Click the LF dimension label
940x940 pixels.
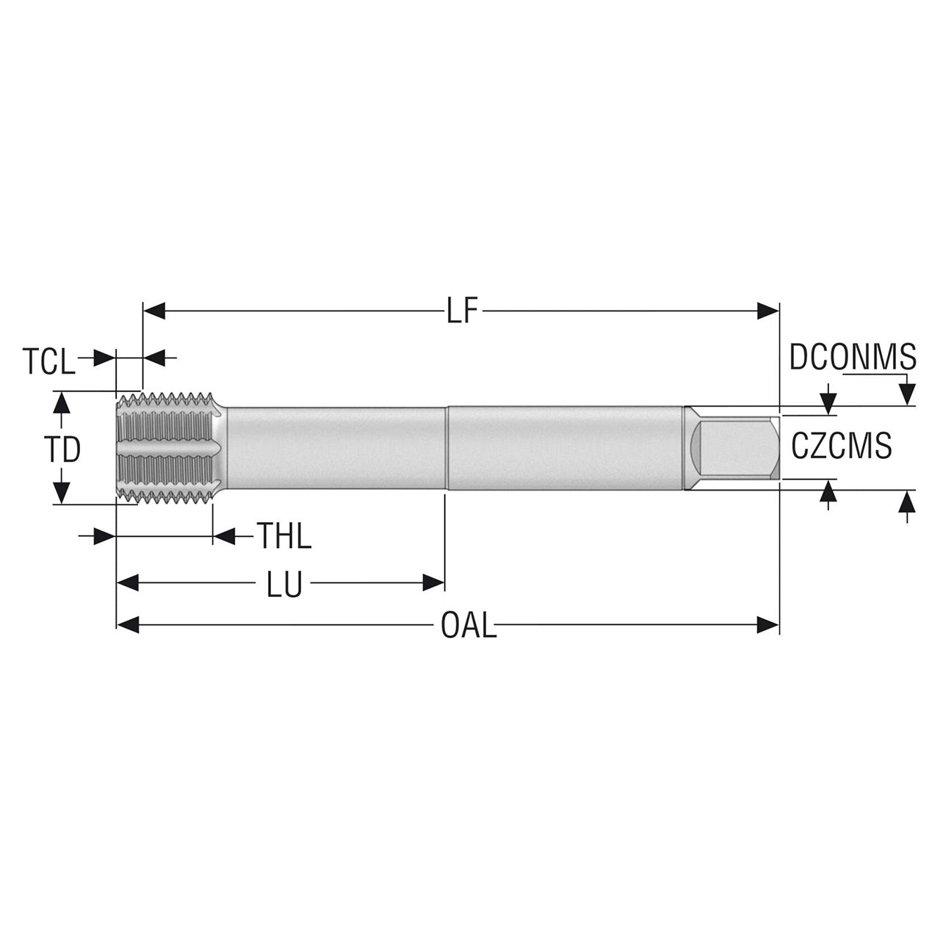click(461, 311)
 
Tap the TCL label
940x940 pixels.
click(48, 361)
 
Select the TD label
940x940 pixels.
click(62, 449)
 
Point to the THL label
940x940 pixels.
click(284, 536)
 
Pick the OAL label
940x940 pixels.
click(469, 626)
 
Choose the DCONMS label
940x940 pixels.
click(853, 357)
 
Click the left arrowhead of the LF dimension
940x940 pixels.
click(154, 311)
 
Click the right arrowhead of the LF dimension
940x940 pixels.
click(768, 311)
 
